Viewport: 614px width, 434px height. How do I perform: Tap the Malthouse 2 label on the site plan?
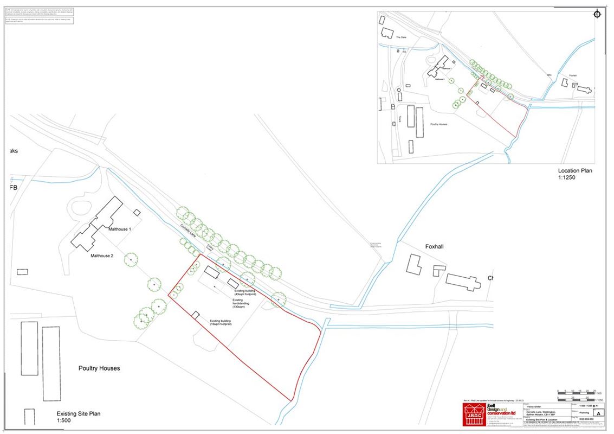[x=101, y=256]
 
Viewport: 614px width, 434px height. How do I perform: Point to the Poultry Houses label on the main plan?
[x=98, y=368]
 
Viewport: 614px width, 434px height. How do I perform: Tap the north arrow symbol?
[x=597, y=15]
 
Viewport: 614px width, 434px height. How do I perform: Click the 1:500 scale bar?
[x=579, y=392]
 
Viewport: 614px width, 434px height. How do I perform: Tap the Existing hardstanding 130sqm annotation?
[x=239, y=303]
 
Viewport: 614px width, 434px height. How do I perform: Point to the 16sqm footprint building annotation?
[x=220, y=323]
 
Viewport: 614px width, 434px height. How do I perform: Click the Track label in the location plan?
[x=399, y=119]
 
